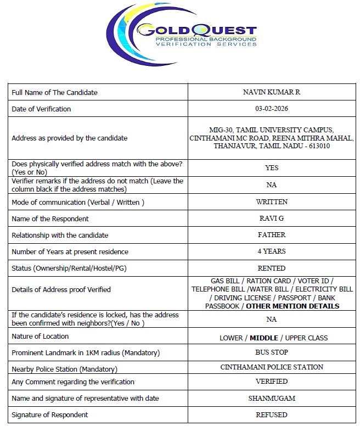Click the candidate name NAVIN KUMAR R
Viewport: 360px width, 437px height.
[x=271, y=92]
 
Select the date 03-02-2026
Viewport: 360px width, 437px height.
[x=271, y=109]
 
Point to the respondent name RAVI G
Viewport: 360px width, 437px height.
[x=271, y=218]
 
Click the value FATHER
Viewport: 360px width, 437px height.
[x=271, y=235]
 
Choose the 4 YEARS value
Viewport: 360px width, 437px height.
[x=271, y=251]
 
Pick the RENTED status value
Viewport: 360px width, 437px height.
[x=271, y=268]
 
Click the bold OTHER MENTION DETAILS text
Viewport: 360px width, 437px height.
[x=292, y=306]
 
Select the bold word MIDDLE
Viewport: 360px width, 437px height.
[x=264, y=338]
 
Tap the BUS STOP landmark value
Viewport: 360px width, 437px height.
[x=271, y=352]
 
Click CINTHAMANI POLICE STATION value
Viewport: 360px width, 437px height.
[x=271, y=367]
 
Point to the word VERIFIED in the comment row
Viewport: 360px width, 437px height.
[x=271, y=381]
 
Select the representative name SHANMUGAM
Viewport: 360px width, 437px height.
[x=271, y=398]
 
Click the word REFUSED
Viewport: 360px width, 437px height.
[x=271, y=414]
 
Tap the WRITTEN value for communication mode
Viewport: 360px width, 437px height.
[x=271, y=201]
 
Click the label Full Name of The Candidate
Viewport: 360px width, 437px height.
[x=54, y=92]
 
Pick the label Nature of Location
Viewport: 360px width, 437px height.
[x=40, y=336]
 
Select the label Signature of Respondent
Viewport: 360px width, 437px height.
[x=49, y=414]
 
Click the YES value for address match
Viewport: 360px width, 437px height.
[x=271, y=168]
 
